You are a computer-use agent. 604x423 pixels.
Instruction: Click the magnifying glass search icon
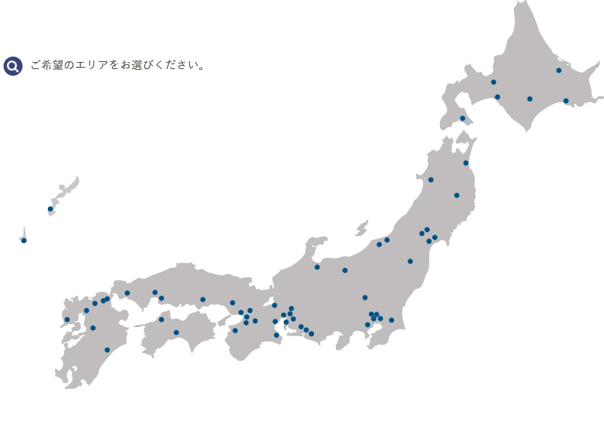[x=13, y=66]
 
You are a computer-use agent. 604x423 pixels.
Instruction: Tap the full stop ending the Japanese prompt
[x=203, y=68]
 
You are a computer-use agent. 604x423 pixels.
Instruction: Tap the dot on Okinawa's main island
[x=50, y=209]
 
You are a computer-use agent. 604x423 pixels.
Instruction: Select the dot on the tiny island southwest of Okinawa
[x=24, y=240]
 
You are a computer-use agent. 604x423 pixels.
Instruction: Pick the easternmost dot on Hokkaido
[x=566, y=101]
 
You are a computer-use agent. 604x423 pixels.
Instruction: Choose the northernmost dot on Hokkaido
[x=559, y=70]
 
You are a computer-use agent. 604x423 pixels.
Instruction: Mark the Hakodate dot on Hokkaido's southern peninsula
[x=463, y=118]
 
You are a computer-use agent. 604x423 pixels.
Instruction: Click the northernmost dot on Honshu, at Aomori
[x=465, y=163]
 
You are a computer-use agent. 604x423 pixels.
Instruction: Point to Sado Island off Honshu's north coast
[x=362, y=228]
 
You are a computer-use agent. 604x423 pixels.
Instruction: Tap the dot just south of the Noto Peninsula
[x=317, y=267]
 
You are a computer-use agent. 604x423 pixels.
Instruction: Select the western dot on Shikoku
[x=161, y=319]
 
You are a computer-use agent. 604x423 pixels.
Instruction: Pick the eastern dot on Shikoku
[x=176, y=333]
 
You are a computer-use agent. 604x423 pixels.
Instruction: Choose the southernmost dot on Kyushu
[x=107, y=350]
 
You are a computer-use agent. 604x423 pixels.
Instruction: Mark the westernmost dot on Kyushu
[x=67, y=319]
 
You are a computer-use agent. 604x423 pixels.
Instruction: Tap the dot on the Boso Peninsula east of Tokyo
[x=391, y=320]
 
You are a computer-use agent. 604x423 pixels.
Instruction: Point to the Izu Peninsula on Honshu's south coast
[x=344, y=341]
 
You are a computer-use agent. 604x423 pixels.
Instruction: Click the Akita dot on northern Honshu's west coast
[x=431, y=180]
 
